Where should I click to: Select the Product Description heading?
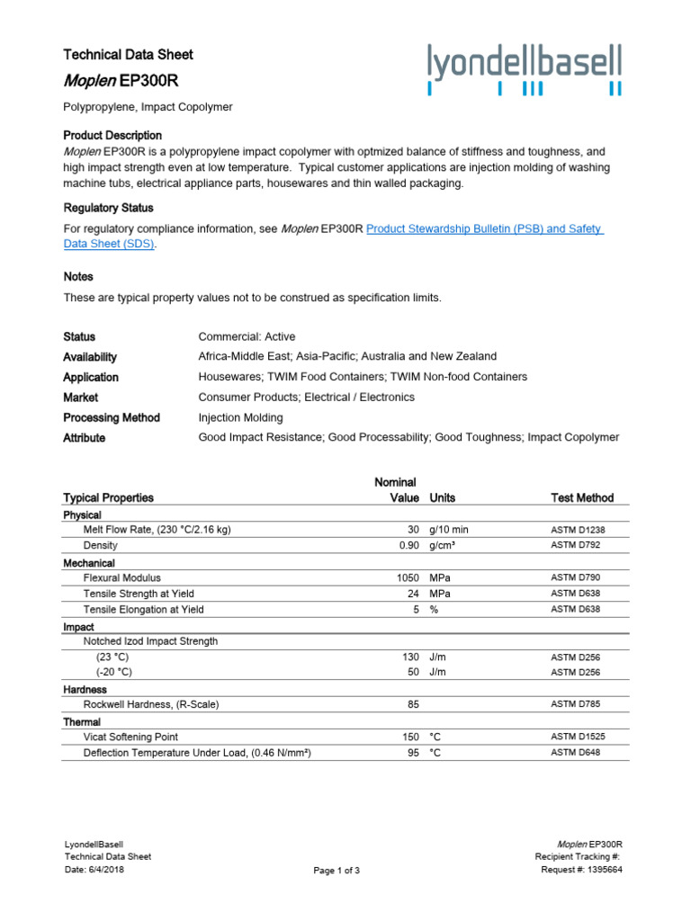tap(112, 135)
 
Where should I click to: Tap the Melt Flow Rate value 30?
tap(413, 530)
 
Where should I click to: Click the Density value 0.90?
tap(409, 546)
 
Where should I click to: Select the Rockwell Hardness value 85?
tap(413, 704)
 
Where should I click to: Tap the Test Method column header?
tap(582, 497)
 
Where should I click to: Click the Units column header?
tap(443, 497)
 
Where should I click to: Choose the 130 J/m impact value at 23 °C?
tap(411, 657)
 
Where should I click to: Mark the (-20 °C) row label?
tap(113, 673)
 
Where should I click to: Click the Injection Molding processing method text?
tap(240, 417)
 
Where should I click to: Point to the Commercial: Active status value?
tap(247, 336)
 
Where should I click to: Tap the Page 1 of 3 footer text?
tap(337, 871)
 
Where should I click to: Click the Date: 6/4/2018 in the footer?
tap(95, 870)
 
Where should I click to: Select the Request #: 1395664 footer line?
tap(581, 870)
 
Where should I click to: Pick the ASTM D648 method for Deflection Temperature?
tap(575, 753)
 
